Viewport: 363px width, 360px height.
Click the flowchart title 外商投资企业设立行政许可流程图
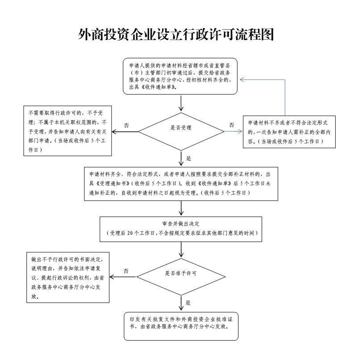pos(176,35)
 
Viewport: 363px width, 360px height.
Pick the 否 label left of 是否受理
pos(126,126)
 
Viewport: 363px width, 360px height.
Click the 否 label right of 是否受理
pos(232,125)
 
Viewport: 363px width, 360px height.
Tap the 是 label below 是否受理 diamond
pos(189,159)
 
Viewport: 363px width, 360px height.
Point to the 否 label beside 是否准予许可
pos(126,271)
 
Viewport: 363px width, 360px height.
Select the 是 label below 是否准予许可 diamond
pos(188,302)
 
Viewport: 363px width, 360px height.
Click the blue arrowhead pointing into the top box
pos(242,80)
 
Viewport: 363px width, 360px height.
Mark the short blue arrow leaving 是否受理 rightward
pos(234,132)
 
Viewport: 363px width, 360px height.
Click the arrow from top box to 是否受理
pos(181,103)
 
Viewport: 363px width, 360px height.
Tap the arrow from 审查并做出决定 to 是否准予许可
pos(181,250)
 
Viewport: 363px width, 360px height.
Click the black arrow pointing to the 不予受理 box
pos(125,132)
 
